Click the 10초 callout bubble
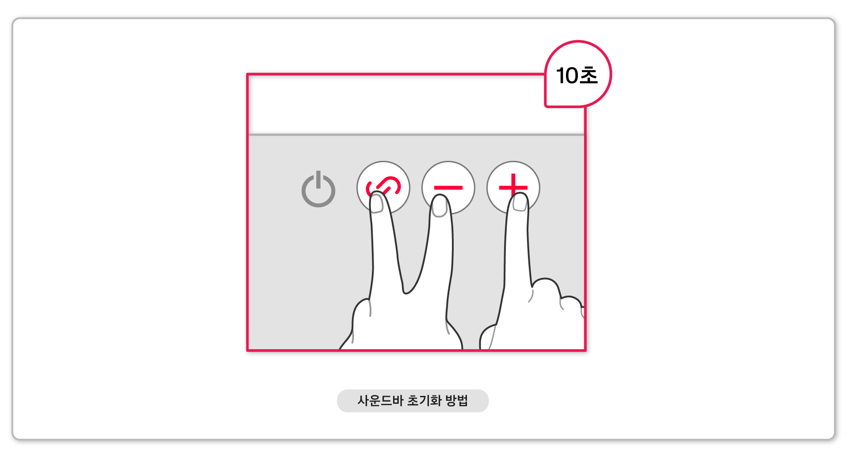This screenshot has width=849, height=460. point(577,74)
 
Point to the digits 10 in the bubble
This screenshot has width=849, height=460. point(567,76)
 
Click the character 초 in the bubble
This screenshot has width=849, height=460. point(589,75)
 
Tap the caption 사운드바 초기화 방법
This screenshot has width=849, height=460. point(413,401)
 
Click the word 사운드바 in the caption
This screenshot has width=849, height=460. point(380,401)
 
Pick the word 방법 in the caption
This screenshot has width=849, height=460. point(457,401)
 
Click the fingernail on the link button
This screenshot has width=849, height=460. point(376,204)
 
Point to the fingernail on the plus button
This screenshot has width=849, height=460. point(520,203)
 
